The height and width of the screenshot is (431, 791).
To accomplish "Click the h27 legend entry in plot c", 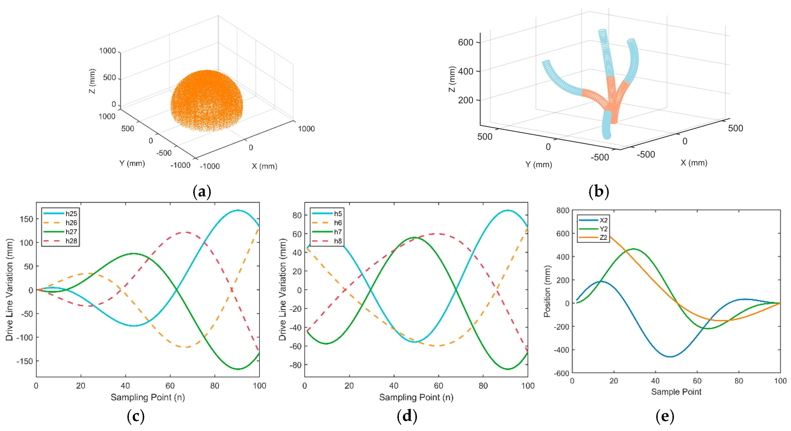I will click(71, 232).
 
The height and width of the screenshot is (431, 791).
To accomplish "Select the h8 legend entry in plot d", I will click(338, 241).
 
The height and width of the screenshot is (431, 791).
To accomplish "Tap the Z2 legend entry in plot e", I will click(603, 238).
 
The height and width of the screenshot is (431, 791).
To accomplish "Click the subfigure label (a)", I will click(202, 192).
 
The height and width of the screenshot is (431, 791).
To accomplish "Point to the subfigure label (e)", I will click(665, 416).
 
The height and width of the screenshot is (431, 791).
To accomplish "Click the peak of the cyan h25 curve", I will click(238, 210).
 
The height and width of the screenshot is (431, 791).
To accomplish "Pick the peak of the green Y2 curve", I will click(634, 249).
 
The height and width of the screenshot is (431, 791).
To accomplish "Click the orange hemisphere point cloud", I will click(207, 100).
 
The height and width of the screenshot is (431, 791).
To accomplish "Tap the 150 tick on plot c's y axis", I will click(26, 219).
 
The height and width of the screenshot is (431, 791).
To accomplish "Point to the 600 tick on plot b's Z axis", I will click(465, 42).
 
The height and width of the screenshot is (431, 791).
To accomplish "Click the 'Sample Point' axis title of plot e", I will click(676, 392).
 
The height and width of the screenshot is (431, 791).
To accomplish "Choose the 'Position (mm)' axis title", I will click(547, 291).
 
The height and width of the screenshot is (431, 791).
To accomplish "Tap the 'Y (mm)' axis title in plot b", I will click(538, 164).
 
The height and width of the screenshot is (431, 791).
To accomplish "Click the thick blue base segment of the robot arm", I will click(607, 124).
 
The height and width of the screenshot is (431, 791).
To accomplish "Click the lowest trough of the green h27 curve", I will click(238, 369).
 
